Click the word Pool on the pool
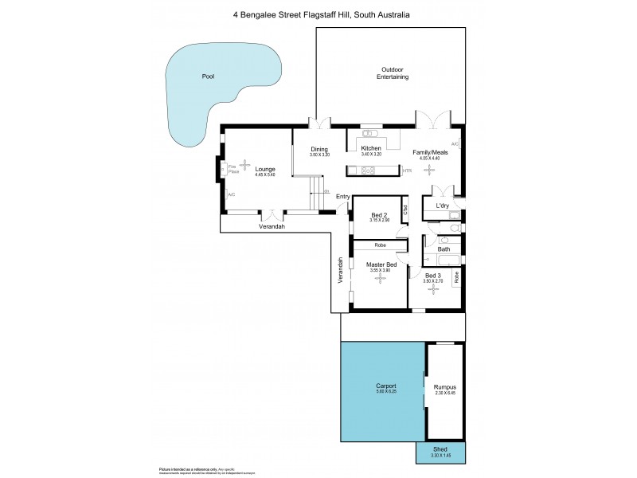tap(209, 77)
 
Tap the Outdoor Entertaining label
tap(393, 74)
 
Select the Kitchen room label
tap(371, 149)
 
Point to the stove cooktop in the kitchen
tap(369, 170)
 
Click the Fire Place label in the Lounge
tap(233, 169)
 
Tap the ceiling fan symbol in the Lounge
tap(245, 163)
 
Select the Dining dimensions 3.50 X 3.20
tap(319, 155)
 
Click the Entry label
tap(343, 196)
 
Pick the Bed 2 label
tap(378, 215)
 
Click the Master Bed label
tap(381, 264)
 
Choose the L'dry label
tap(442, 206)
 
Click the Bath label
tap(444, 249)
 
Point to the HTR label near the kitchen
tap(406, 170)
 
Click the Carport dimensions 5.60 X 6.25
tap(385, 393)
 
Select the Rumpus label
tap(444, 386)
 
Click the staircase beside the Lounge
tap(318, 194)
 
